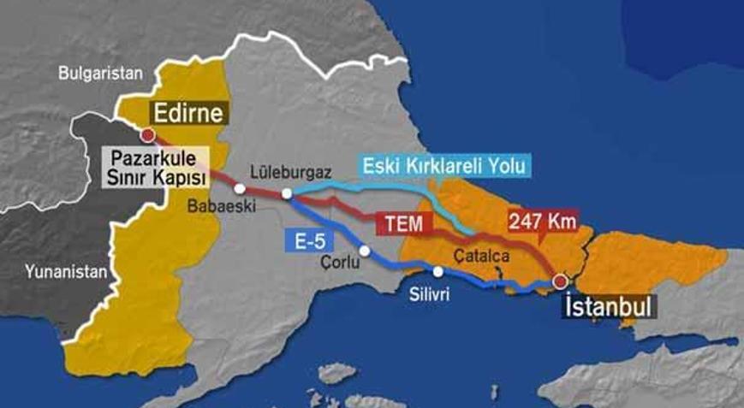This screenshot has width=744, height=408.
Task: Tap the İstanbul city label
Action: [609, 306]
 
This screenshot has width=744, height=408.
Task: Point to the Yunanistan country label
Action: [64, 273]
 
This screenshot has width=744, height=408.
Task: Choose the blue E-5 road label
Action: [301, 242]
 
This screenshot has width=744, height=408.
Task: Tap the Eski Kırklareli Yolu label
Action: [445, 166]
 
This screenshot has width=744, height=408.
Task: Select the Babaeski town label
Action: [218, 206]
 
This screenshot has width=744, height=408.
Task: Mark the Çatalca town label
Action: [478, 254]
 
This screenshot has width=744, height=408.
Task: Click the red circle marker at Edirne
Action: [148, 134]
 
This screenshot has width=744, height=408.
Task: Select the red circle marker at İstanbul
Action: [560, 281]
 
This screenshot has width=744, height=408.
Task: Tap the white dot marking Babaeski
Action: [241, 188]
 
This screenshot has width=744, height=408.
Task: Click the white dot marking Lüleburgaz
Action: [287, 194]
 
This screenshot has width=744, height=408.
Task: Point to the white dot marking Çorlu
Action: [365, 251]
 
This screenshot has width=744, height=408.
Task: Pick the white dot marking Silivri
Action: [437, 272]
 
